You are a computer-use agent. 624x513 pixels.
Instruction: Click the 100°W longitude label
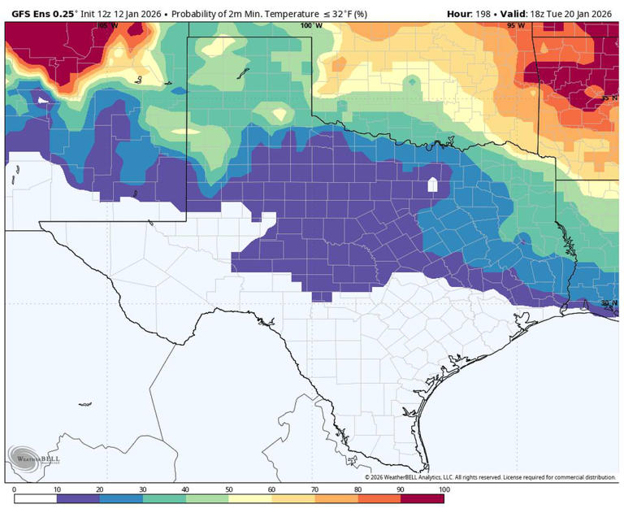[x=311, y=26]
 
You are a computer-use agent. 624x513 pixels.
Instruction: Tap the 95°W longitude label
[x=516, y=26]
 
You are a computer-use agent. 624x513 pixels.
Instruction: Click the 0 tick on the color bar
[x=15, y=489]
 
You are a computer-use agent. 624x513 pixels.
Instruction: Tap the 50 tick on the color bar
[x=229, y=489]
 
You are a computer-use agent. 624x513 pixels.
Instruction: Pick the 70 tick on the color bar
[x=315, y=489]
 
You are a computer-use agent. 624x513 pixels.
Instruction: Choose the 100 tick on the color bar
[x=443, y=489]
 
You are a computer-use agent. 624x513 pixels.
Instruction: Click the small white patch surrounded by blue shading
[x=432, y=185]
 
